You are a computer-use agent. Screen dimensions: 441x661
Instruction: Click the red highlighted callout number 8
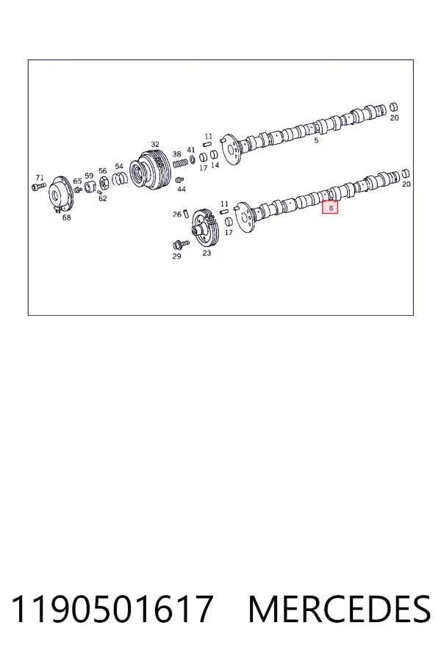pos(330,207)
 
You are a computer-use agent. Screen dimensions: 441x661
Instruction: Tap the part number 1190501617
pos(112,609)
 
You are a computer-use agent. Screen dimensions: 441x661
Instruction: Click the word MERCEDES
pos(340,609)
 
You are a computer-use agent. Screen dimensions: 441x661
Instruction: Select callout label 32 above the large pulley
pos(155,145)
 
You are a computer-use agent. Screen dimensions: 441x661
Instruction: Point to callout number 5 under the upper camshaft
pos(316,141)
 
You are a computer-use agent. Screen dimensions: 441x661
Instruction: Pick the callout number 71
pos(39,178)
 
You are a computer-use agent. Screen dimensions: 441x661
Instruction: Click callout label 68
pos(66,217)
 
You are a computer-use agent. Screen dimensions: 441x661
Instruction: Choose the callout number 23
pos(207,253)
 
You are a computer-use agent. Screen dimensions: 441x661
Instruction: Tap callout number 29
pos(176,256)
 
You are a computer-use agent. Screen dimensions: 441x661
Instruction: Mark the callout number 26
pos(177,214)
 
